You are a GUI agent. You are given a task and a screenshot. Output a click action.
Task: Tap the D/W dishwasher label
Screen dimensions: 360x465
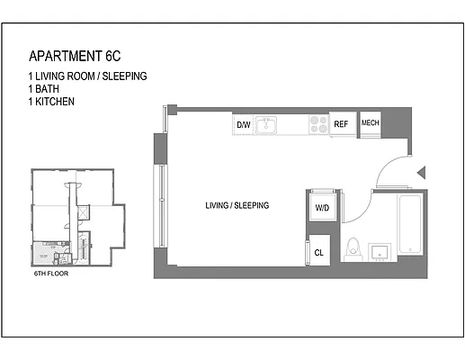coord(243,124)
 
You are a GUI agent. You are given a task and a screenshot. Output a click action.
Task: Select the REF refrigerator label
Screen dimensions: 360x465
coord(341,124)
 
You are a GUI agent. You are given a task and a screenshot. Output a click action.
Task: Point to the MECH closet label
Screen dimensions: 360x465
coord(370,123)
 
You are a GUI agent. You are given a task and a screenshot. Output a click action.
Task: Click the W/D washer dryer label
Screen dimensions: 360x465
coord(322,208)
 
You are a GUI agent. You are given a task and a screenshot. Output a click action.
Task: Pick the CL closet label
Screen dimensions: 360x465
coord(319,253)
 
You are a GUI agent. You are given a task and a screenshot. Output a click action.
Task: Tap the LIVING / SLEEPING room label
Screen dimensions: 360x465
coord(237,206)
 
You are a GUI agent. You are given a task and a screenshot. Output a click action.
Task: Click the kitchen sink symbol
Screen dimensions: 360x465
coord(267,125)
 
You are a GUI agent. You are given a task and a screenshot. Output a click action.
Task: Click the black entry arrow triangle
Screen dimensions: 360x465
coord(421,172)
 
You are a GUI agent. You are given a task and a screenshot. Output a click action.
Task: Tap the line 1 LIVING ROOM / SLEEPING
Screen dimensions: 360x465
coord(87,76)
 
